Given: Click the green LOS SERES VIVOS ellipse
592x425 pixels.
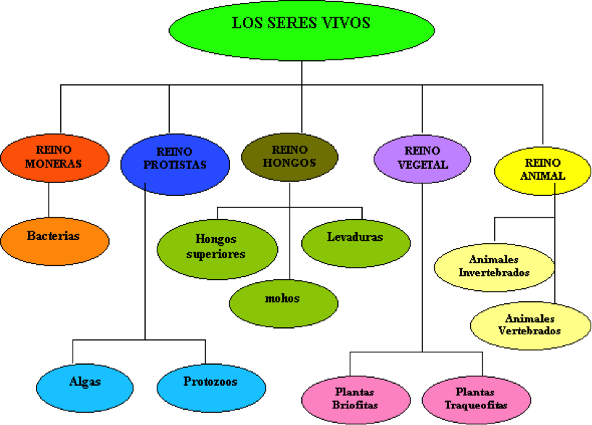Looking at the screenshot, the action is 302,30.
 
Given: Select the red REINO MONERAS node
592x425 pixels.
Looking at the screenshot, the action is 54,158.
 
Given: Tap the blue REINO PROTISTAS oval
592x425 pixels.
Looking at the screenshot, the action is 175,164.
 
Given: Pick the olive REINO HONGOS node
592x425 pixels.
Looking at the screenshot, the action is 289,157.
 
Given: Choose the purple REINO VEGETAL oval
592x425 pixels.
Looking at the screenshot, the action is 422,159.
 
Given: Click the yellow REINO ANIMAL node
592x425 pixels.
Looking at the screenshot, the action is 543,170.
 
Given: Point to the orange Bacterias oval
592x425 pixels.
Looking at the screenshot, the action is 54,242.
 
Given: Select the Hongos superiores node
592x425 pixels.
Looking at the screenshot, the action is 217,249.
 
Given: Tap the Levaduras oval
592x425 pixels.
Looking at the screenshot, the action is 355,243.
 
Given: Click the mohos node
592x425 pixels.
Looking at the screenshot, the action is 284,303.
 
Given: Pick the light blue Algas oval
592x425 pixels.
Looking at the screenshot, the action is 85,387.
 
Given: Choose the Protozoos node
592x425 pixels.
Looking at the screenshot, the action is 211,387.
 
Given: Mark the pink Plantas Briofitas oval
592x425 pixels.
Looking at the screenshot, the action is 355,400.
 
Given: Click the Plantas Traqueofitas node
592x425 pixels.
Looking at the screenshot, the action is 477,400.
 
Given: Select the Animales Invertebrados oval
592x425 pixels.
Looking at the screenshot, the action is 494,267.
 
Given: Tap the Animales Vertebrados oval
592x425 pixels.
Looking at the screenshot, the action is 530,326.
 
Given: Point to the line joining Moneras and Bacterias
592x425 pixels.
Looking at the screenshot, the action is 49,200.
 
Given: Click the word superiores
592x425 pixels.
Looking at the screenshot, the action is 216,255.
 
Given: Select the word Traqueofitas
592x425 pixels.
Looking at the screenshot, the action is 476,405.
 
